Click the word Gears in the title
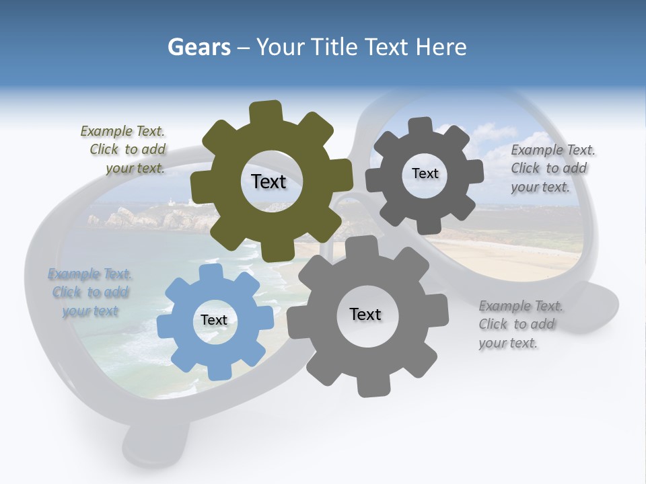[199, 48]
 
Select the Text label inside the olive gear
[268, 182]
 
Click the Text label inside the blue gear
[214, 321]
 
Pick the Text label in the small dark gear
[425, 174]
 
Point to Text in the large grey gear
[365, 315]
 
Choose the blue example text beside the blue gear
[89, 292]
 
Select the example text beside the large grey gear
[519, 325]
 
